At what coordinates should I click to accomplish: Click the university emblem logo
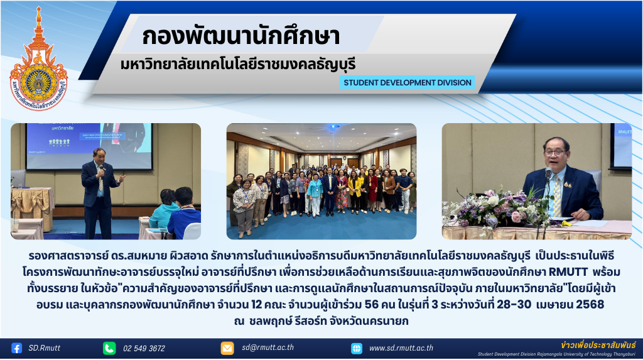[x=38, y=60]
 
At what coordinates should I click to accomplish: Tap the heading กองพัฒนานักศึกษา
[x=240, y=36]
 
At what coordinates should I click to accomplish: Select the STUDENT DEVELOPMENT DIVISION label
[x=407, y=82]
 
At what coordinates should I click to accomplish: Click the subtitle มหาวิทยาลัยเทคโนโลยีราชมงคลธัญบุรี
[x=238, y=65]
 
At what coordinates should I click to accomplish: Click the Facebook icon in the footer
[x=16, y=348]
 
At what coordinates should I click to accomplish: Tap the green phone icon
[x=109, y=348]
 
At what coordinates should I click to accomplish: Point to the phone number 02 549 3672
[x=144, y=349]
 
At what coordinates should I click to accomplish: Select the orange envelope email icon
[x=227, y=348]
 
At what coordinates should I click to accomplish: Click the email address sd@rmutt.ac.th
[x=267, y=347]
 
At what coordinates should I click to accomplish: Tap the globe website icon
[x=357, y=349]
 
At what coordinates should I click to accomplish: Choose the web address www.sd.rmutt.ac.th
[x=401, y=348]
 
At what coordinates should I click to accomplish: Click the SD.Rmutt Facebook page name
[x=45, y=348]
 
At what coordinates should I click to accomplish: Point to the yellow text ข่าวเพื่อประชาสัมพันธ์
[x=598, y=345]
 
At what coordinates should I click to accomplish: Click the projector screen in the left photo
[x=89, y=146]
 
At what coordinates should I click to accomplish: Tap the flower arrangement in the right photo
[x=497, y=208]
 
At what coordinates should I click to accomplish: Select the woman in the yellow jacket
[x=354, y=192]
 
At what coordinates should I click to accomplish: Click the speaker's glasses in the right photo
[x=556, y=153]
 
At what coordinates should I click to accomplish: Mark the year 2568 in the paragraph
[x=590, y=304]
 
